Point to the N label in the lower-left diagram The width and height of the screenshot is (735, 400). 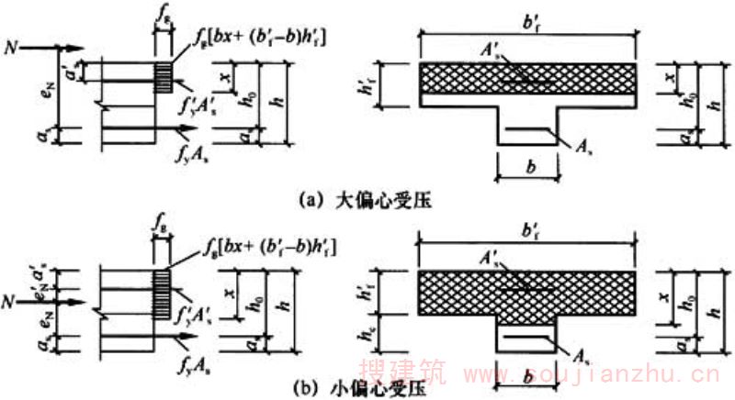10,299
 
